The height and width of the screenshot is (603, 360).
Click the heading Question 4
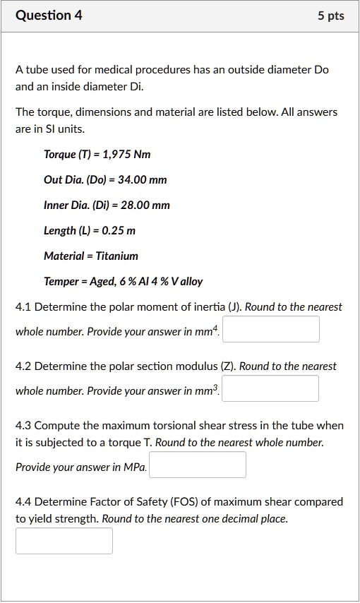click(x=49, y=15)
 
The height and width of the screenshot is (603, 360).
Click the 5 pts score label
click(x=330, y=16)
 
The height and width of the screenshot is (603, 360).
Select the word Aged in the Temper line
click(x=99, y=281)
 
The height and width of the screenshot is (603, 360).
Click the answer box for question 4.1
click(x=270, y=329)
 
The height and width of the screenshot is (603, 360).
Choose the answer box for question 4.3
click(x=198, y=465)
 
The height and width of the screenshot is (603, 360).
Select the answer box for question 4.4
click(x=64, y=541)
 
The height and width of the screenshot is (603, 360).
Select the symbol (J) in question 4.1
click(x=241, y=307)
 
